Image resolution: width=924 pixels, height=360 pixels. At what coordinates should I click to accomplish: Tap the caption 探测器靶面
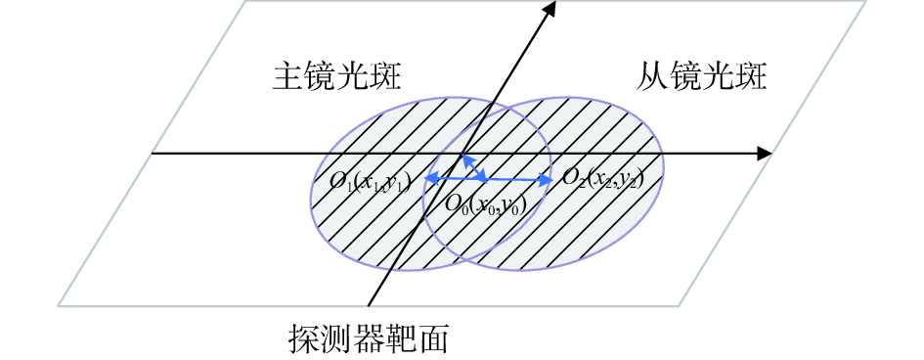point(369,338)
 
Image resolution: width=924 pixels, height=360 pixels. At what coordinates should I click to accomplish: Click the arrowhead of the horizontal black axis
point(766,154)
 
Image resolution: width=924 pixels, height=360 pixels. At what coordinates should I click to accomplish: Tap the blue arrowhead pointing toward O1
point(428,178)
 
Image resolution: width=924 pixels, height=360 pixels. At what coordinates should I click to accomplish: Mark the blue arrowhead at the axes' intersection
point(464,157)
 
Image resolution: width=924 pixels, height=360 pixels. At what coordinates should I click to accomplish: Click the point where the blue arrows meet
point(486,179)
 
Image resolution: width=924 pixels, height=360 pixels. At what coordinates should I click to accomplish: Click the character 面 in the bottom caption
point(435,338)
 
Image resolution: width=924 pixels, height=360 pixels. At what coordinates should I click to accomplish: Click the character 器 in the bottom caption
point(369,338)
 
